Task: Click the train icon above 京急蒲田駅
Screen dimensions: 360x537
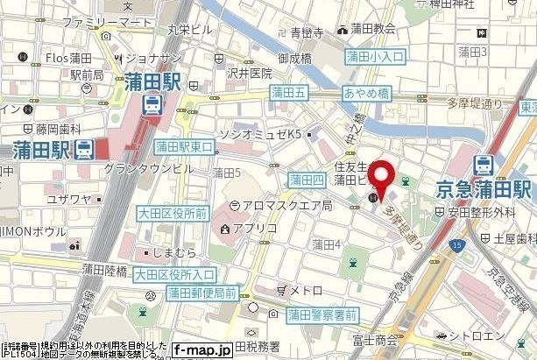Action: tap(483, 164)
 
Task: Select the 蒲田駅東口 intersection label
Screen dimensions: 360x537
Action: tap(183, 147)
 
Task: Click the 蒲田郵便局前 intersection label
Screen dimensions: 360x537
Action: tap(201, 292)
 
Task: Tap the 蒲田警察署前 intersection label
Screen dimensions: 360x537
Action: tap(322, 314)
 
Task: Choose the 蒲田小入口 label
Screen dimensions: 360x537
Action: tap(375, 57)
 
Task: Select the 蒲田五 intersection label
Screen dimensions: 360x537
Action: tap(287, 91)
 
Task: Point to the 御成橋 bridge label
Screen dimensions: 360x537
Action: tap(296, 59)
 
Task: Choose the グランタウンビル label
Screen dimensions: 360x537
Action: tap(148, 166)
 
